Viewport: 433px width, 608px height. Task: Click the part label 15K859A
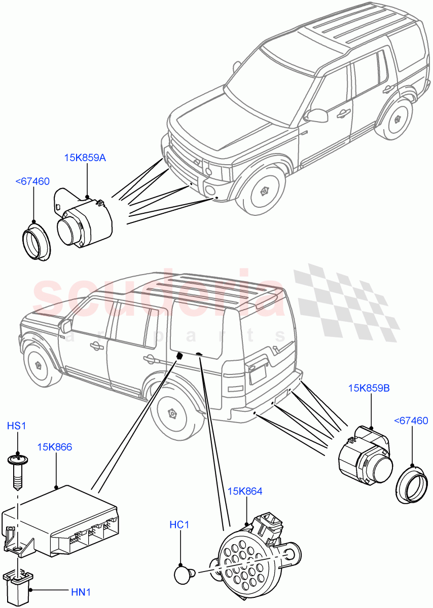85,158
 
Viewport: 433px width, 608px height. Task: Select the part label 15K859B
369,389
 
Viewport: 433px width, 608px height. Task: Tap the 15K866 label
54,447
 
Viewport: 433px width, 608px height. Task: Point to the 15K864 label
245,491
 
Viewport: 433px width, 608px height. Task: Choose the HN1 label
81,591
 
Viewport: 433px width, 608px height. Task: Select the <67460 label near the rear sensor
411,421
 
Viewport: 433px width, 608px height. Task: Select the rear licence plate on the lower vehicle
258,375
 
